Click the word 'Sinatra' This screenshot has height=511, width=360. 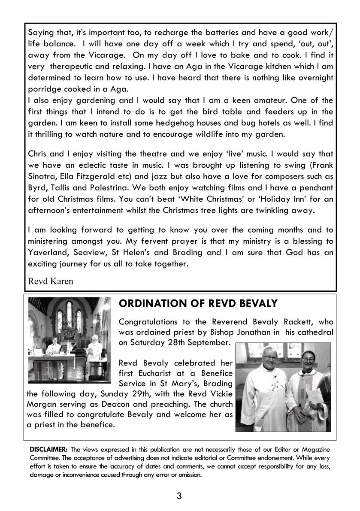click(x=42, y=176)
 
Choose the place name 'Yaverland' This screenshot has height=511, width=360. click(x=46, y=252)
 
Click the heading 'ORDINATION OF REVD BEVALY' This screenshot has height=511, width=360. click(x=198, y=303)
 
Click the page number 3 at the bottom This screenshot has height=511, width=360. click(x=179, y=496)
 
